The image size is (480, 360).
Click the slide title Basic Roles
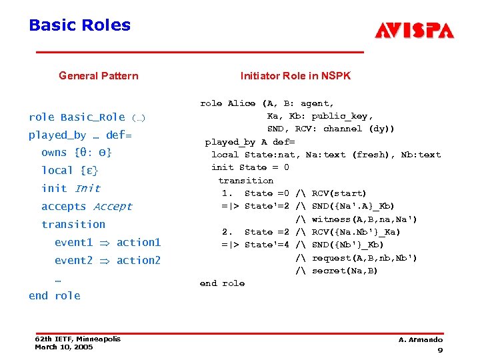point(79,26)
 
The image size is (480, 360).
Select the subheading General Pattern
point(99,76)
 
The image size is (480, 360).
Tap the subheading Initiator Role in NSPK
point(295,76)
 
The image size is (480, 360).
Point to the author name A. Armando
point(421,340)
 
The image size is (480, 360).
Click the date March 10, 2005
point(64,347)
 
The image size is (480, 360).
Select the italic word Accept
point(113,207)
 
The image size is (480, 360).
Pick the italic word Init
point(87,189)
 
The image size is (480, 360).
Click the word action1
point(139,242)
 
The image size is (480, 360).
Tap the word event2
point(73,260)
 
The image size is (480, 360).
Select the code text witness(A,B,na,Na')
point(365,219)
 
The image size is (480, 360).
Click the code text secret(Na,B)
point(345,271)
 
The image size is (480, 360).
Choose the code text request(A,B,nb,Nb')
point(365,258)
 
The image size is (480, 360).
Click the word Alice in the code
point(241,103)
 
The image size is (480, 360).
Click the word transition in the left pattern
point(73,225)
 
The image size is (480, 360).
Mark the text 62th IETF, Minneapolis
point(78,339)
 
